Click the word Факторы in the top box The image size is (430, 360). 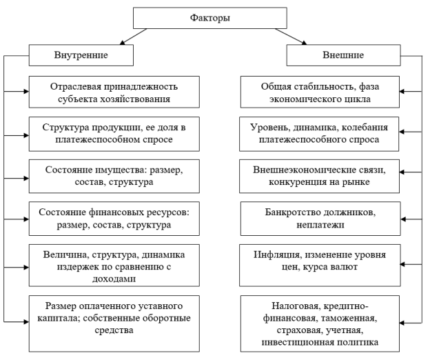pyautogui.click(x=210, y=18)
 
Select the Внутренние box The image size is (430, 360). pyautogui.click(x=81, y=55)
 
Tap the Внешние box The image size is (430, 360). pyautogui.click(x=344, y=55)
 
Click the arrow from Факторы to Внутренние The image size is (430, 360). pyautogui.click(x=133, y=37)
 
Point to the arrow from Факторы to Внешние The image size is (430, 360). pyautogui.click(x=291, y=37)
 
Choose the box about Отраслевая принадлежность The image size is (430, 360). pyautogui.click(x=114, y=92)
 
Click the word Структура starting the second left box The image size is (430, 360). pyautogui.click(x=66, y=128)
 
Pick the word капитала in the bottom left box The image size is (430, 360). pyautogui.click(x=59, y=319)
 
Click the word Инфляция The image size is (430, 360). pyautogui.click(x=277, y=255)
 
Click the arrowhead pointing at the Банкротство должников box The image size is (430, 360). pyautogui.click(x=403, y=219)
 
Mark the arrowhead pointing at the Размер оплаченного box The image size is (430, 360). pyautogui.click(x=26, y=321)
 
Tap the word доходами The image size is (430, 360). pyautogui.click(x=114, y=279)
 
